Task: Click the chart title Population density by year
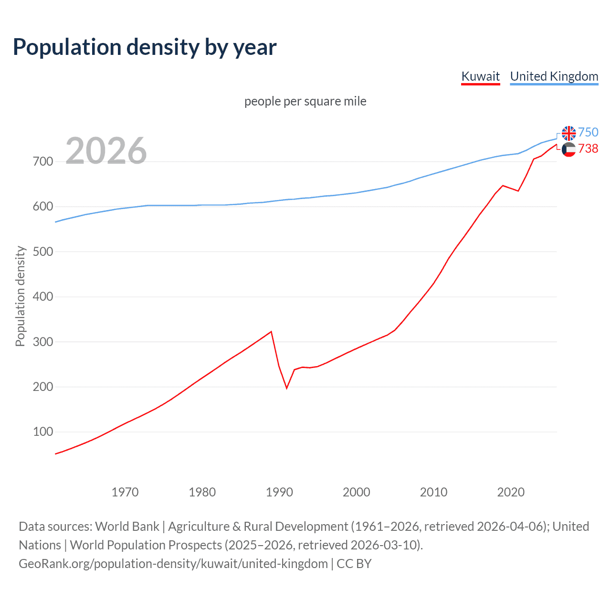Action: (145, 47)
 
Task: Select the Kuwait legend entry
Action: (480, 76)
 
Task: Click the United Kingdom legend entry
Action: (554, 76)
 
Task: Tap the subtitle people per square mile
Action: (305, 101)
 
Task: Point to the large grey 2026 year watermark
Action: (106, 151)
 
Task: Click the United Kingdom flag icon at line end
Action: (569, 133)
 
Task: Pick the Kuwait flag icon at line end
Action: (569, 149)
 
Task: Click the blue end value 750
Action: (588, 132)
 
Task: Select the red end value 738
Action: (588, 149)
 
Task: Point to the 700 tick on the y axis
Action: (43, 162)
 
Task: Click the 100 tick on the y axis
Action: (43, 432)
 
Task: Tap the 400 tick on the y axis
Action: (43, 297)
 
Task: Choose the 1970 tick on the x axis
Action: (125, 492)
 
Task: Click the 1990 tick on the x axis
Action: (279, 492)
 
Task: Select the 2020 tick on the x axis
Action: (511, 492)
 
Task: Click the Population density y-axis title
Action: (20, 296)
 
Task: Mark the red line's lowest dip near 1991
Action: (287, 388)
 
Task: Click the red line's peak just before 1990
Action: (271, 332)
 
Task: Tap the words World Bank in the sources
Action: (127, 527)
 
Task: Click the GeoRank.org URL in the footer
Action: (173, 564)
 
